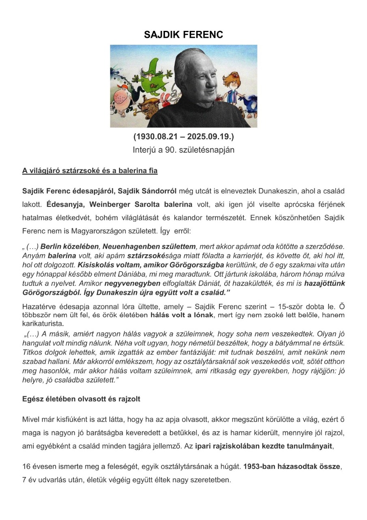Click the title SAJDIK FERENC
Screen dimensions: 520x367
183,35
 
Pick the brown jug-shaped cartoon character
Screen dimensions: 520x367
148,108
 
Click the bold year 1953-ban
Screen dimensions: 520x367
262,467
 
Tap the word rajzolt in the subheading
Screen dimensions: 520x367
127,399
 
